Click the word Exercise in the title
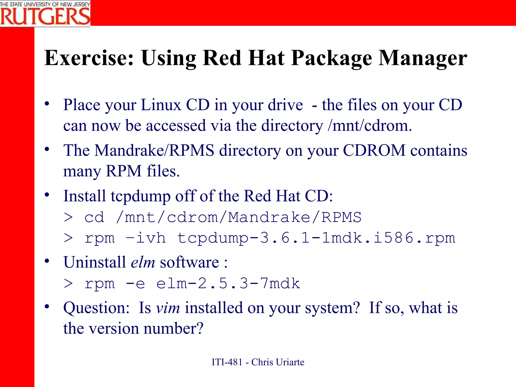coord(89,58)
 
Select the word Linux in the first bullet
coord(161,105)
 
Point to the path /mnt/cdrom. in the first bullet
coord(370,125)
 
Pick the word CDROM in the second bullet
coord(374,150)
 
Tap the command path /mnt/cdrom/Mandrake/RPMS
coord(239,217)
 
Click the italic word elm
coord(143,262)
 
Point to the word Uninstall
coord(94,262)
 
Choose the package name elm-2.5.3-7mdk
coord(228,284)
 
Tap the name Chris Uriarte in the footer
coord(278,362)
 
